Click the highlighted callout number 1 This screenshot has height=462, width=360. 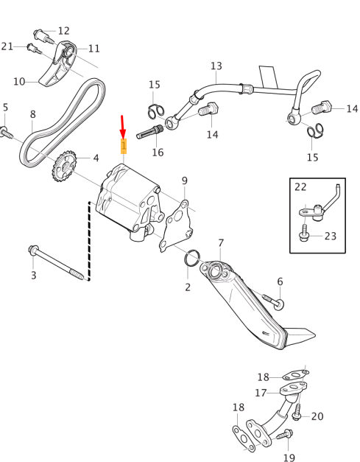click(124, 146)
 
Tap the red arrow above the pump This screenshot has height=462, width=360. click(123, 127)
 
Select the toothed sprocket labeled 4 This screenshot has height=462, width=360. click(65, 166)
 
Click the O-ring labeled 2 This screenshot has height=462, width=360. click(192, 258)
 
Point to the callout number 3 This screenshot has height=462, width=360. click(34, 275)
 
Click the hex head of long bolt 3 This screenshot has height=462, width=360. click(33, 250)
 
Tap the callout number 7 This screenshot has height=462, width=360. click(221, 243)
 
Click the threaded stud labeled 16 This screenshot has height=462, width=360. click(149, 132)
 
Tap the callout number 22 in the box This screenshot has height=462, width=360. click(300, 187)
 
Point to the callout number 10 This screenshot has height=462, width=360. click(19, 82)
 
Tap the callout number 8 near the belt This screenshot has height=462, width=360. click(32, 114)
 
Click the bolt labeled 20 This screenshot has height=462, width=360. click(297, 411)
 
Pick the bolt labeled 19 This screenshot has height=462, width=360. click(285, 434)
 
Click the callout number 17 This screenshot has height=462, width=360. click(261, 393)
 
